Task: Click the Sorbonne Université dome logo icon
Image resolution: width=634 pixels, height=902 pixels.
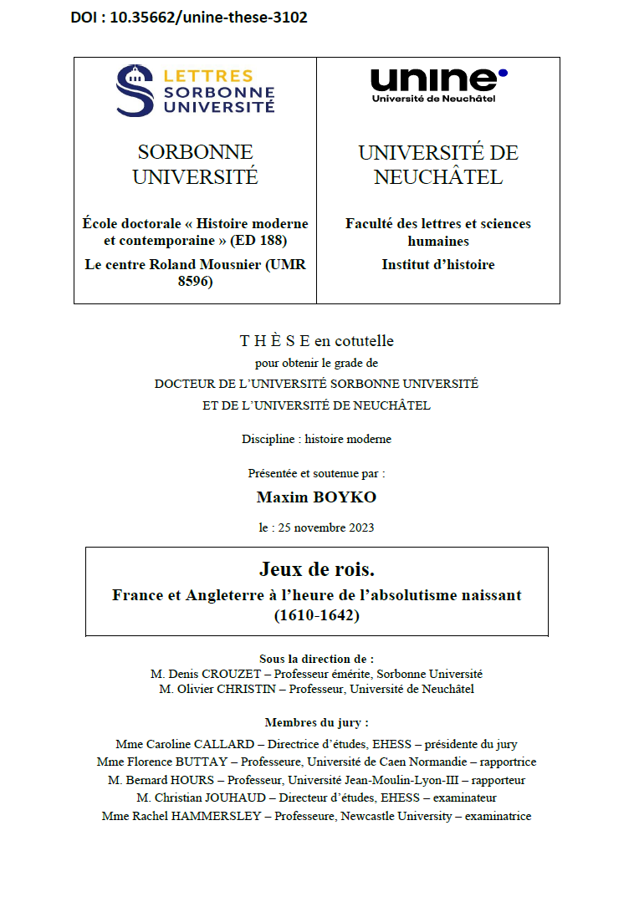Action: [135, 90]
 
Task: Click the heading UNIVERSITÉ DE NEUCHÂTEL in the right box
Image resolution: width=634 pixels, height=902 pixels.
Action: [438, 165]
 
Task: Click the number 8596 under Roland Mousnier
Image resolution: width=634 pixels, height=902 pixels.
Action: [195, 283]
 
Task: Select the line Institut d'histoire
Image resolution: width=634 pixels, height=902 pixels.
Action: [438, 264]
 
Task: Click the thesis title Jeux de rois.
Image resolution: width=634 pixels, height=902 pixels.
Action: [317, 570]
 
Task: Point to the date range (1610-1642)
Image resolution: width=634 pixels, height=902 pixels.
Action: [316, 615]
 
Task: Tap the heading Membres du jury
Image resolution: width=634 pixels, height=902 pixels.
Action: [316, 722]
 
